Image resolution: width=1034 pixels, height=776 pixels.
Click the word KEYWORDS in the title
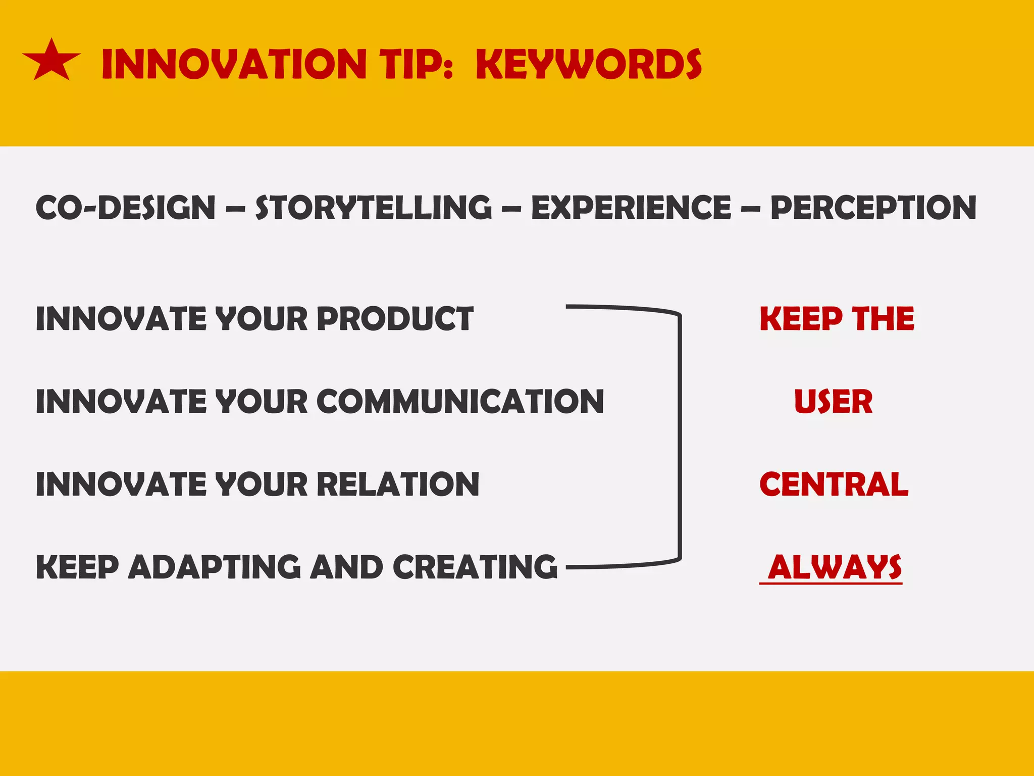[589, 65]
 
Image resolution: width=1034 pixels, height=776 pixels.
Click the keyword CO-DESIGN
[126, 208]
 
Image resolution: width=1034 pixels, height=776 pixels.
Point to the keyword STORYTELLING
[373, 208]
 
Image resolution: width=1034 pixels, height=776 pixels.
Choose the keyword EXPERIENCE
[631, 208]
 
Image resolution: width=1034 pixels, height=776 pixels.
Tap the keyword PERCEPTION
[873, 208]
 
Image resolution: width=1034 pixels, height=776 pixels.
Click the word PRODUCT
[395, 319]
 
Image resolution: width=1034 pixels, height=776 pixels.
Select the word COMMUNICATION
[460, 402]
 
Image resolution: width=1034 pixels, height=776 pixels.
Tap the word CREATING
[475, 567]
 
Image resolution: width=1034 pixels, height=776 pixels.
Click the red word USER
[833, 402]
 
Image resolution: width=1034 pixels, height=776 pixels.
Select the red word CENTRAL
[834, 484]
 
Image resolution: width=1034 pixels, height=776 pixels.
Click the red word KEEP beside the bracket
[801, 319]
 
